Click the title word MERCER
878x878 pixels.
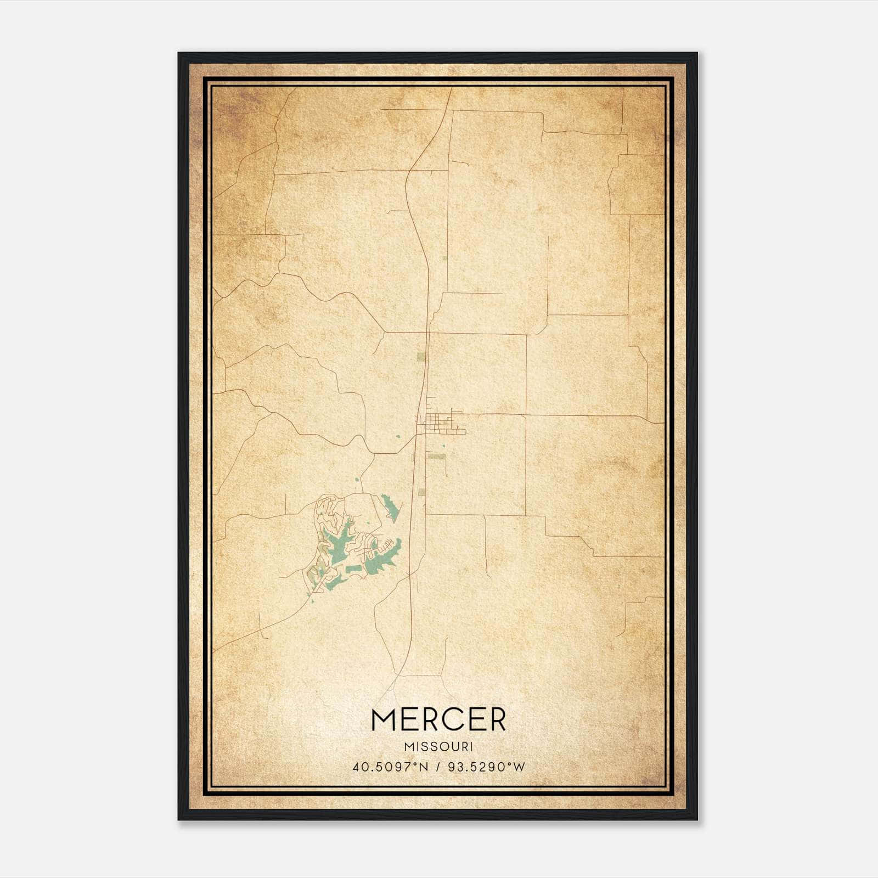pyautogui.click(x=438, y=719)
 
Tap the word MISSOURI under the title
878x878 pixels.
pyautogui.click(x=438, y=747)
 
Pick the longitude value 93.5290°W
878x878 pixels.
pyautogui.click(x=486, y=767)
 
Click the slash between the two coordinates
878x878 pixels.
pyautogui.click(x=438, y=767)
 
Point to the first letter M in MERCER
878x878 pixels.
pyautogui.click(x=382, y=719)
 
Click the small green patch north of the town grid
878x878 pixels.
pyautogui.click(x=421, y=357)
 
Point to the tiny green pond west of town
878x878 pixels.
pyautogui.click(x=398, y=437)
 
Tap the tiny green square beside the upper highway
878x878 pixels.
pyautogui.click(x=445, y=257)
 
